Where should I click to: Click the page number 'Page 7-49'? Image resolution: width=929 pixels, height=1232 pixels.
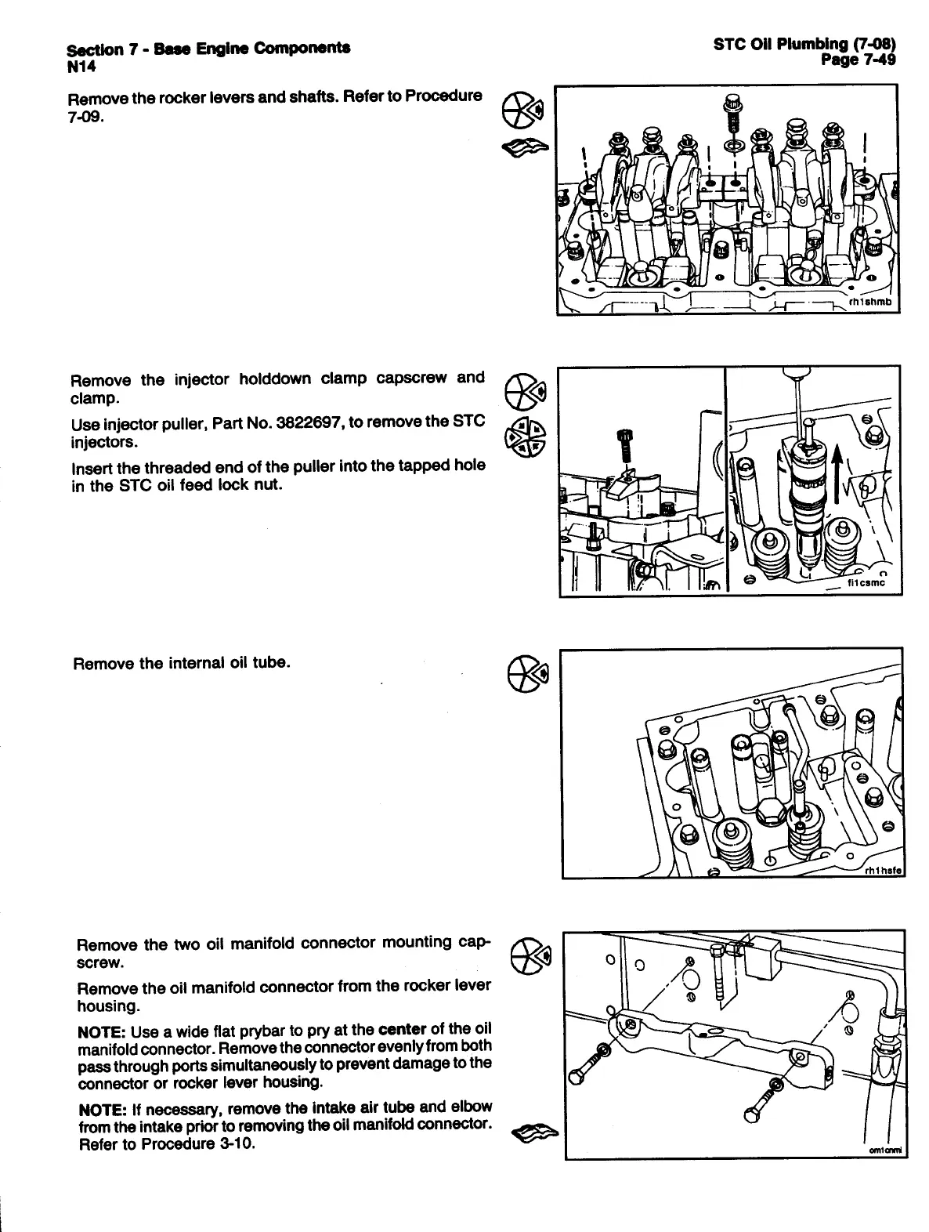[x=858, y=60]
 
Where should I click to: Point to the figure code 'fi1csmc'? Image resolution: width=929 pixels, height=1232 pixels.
[x=866, y=582]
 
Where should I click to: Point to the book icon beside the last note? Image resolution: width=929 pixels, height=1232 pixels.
[x=533, y=1132]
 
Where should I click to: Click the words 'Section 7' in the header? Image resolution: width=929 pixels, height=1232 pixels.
[x=96, y=49]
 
